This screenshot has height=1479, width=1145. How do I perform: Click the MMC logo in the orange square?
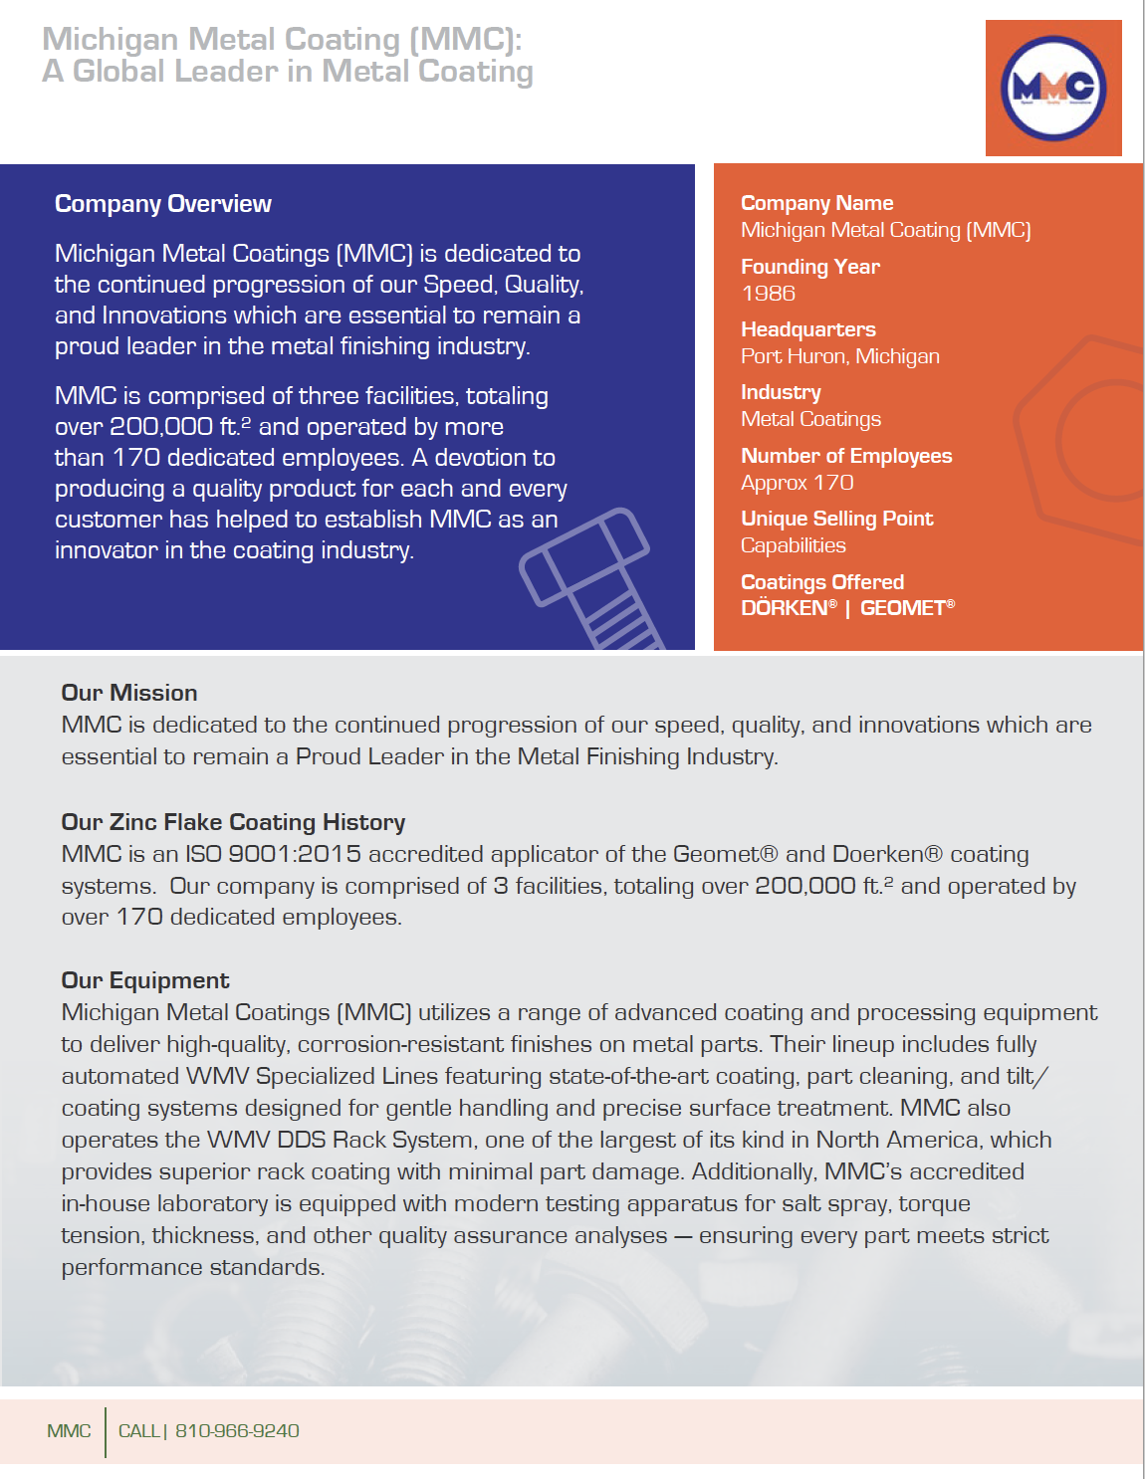click(1053, 88)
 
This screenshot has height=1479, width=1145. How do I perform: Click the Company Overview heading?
click(162, 204)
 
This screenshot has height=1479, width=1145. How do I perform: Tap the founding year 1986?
click(768, 294)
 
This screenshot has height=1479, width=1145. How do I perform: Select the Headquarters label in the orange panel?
click(807, 329)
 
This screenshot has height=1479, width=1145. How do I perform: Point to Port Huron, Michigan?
click(839, 356)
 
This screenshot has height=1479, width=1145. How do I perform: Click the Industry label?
click(781, 392)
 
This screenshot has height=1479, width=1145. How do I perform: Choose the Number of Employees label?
click(845, 456)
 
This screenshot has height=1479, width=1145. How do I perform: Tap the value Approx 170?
click(797, 483)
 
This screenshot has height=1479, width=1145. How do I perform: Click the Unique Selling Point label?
click(836, 519)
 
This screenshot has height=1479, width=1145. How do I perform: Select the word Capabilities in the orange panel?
click(793, 545)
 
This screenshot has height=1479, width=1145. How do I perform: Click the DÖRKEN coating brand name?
click(785, 608)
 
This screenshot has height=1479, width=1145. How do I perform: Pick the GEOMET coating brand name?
click(903, 608)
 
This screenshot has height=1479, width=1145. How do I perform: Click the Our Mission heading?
click(129, 693)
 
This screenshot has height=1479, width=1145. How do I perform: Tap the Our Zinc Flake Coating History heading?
click(233, 822)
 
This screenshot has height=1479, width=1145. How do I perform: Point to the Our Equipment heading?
click(145, 980)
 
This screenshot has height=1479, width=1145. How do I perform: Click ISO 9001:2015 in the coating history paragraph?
click(274, 854)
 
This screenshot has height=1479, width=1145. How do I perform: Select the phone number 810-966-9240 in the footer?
click(237, 1431)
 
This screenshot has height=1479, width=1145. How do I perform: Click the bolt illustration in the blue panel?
click(590, 577)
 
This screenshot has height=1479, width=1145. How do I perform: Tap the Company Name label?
click(816, 203)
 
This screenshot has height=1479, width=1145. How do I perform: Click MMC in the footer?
click(69, 1431)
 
